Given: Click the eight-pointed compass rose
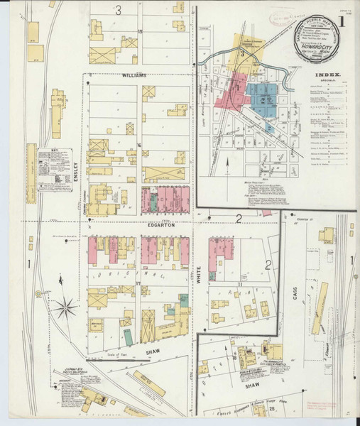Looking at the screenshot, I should (69, 307).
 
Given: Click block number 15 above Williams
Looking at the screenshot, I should (141, 32).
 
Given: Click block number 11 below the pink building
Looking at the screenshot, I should (222, 284).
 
